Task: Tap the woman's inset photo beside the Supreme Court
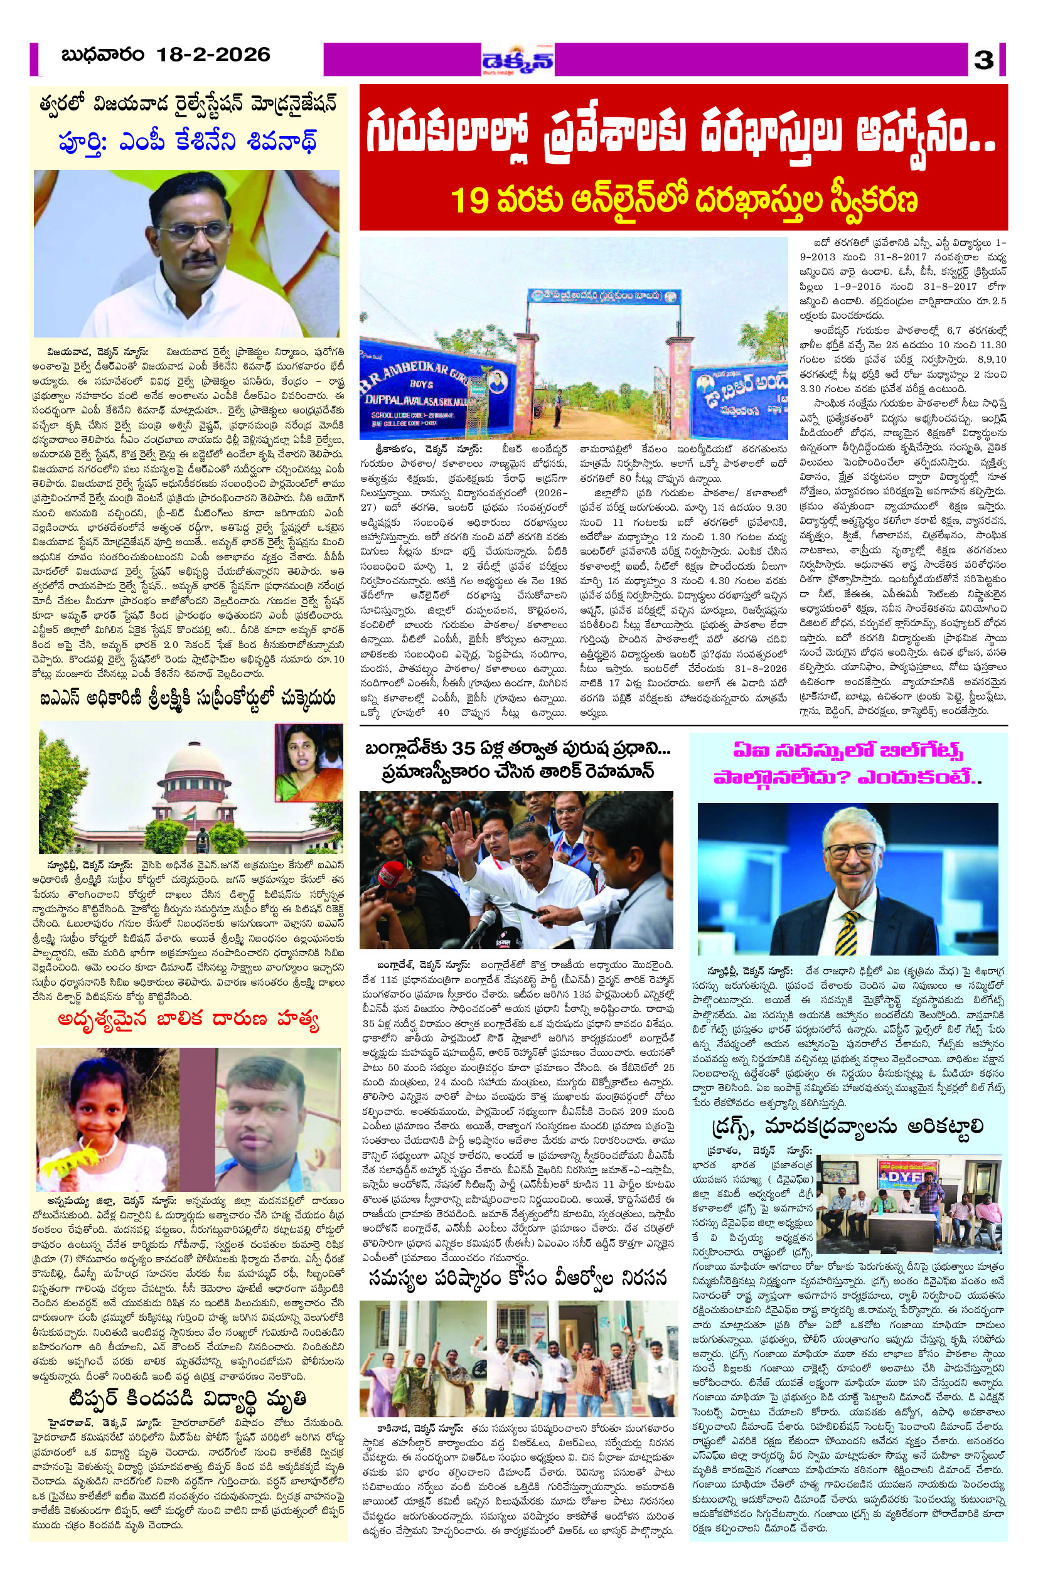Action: [309, 762]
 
